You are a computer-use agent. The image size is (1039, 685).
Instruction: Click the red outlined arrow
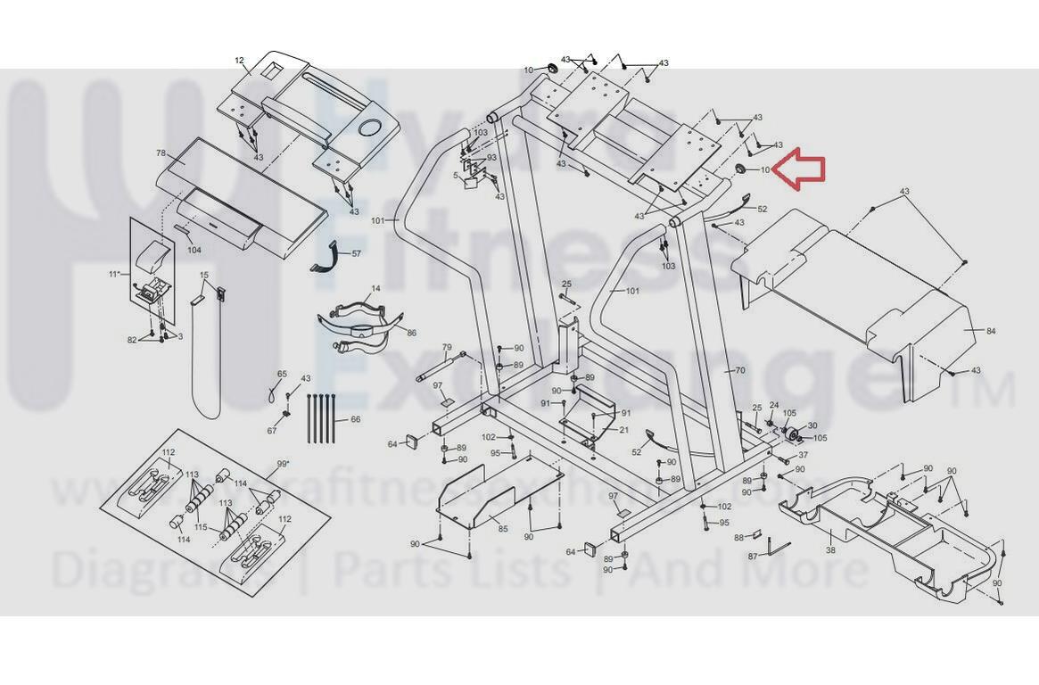(x=799, y=170)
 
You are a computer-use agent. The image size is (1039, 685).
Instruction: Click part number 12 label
(x=239, y=61)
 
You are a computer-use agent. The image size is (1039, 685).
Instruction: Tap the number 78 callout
(x=161, y=153)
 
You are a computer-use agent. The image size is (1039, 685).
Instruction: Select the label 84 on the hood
(x=990, y=331)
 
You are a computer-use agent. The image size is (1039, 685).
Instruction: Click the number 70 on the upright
(x=738, y=370)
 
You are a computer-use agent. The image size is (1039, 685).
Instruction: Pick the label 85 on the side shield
(x=503, y=529)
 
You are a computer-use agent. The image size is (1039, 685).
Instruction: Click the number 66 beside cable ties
(x=355, y=419)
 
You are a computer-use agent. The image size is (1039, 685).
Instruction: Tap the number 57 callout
(x=356, y=254)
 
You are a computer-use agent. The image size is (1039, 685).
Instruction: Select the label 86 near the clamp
(x=411, y=333)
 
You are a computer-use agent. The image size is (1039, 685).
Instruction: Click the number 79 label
(x=447, y=348)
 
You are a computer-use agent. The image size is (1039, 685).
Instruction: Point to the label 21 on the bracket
(x=624, y=430)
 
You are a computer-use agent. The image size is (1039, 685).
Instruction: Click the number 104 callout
(x=194, y=250)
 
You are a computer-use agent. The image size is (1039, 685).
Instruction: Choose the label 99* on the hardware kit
(x=283, y=464)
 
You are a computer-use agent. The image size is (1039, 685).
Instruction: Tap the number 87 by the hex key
(x=753, y=556)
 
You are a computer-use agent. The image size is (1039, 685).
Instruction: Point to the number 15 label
(x=204, y=276)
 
